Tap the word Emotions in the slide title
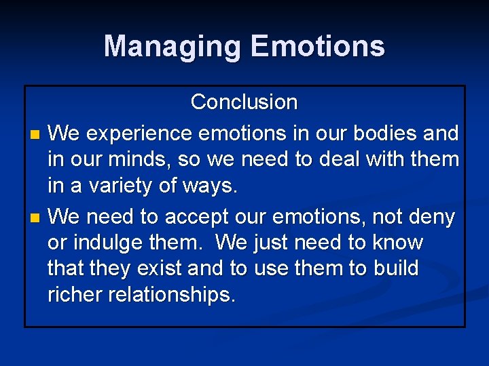(317, 47)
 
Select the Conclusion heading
(244, 102)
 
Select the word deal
(345, 160)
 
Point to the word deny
(431, 217)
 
